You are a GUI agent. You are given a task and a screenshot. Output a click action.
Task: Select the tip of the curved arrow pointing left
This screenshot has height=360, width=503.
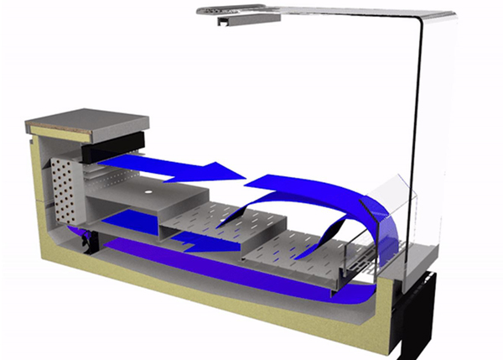[x=248, y=181]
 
